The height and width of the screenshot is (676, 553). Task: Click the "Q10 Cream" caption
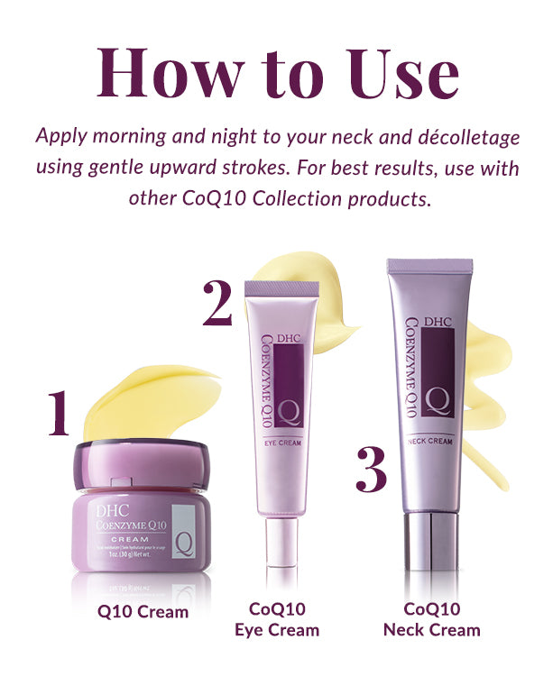(143, 612)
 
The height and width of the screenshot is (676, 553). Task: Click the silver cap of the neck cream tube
(430, 541)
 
